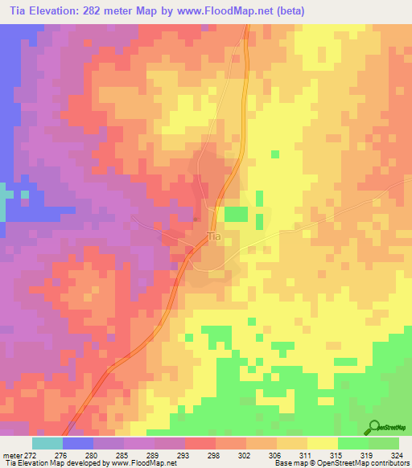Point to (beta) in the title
307,10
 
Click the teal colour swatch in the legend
47,442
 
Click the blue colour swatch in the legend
78,442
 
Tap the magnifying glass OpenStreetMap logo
374,428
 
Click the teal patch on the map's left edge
4,201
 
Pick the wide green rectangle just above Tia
236,214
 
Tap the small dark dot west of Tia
197,218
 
